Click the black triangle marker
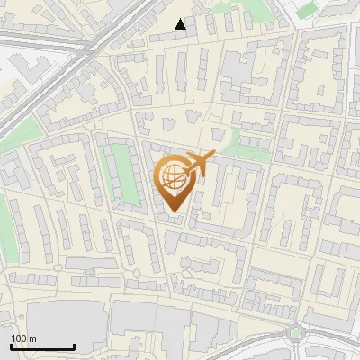[x=181, y=24]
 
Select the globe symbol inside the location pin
[x=171, y=178]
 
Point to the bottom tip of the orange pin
[x=171, y=212]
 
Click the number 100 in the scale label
[x=18, y=338]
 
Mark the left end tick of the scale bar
[x=12, y=346]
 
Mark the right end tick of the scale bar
[x=74, y=346]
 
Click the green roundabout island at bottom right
[x=296, y=334]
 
